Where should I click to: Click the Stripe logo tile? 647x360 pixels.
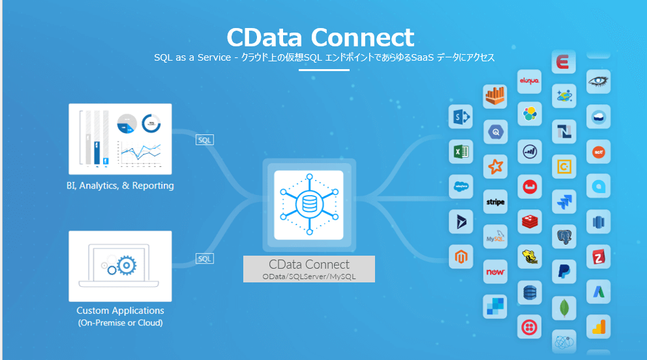pos(496,202)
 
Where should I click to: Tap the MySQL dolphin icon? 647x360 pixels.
pos(495,237)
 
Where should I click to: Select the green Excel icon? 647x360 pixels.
pos(460,152)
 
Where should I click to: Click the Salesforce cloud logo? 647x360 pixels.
pos(460,187)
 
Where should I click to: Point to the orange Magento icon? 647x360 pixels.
pos(460,256)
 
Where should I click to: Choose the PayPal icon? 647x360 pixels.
pos(564,271)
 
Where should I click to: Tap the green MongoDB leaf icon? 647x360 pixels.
pos(564,307)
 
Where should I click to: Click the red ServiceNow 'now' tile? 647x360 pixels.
pos(496,272)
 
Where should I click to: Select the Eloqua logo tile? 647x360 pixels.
pos(529,81)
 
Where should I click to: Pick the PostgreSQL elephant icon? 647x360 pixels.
pos(564,236)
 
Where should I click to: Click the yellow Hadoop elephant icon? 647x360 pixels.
pos(529,257)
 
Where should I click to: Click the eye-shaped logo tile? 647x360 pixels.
pos(598,82)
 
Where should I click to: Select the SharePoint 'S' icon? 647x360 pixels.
pos(460,117)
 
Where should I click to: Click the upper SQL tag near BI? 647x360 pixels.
pos(205,140)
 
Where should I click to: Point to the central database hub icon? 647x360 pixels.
pos(308,204)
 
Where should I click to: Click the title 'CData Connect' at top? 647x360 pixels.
pos(320,37)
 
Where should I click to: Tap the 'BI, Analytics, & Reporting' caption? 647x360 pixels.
pos(120,186)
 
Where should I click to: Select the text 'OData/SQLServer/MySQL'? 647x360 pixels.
pos(309,277)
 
